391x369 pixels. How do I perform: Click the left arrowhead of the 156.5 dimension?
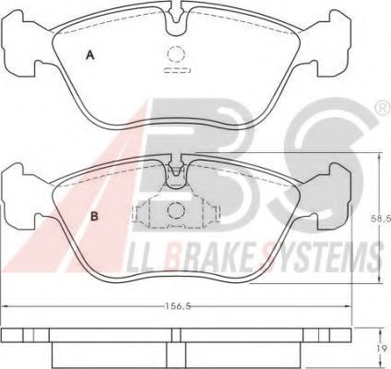pyautogui.click(x=6, y=305)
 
